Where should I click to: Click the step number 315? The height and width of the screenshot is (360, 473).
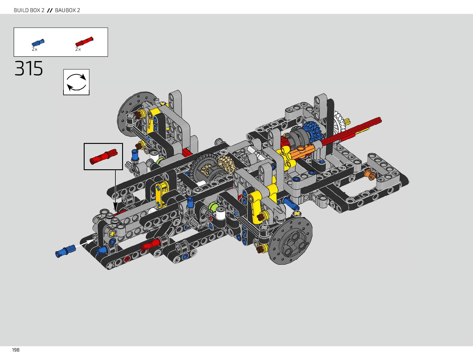(x=29, y=68)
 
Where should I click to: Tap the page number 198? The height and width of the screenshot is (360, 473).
(x=16, y=350)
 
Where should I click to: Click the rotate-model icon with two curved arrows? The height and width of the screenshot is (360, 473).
(x=76, y=82)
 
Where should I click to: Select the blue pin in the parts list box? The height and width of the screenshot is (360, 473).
(x=38, y=43)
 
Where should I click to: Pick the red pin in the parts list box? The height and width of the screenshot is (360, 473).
(x=84, y=42)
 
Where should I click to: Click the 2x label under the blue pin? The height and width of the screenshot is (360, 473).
(x=34, y=49)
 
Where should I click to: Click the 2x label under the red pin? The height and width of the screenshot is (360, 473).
(x=78, y=49)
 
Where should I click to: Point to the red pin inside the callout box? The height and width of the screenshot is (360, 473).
(x=103, y=157)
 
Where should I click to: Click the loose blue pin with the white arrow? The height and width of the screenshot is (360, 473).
(x=66, y=251)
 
